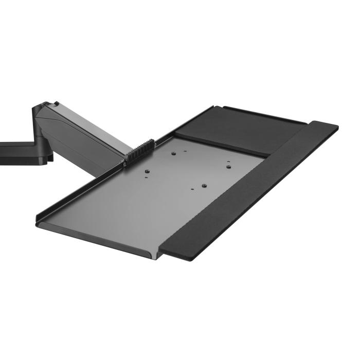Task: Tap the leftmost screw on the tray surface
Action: pyautogui.click(x=148, y=171)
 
